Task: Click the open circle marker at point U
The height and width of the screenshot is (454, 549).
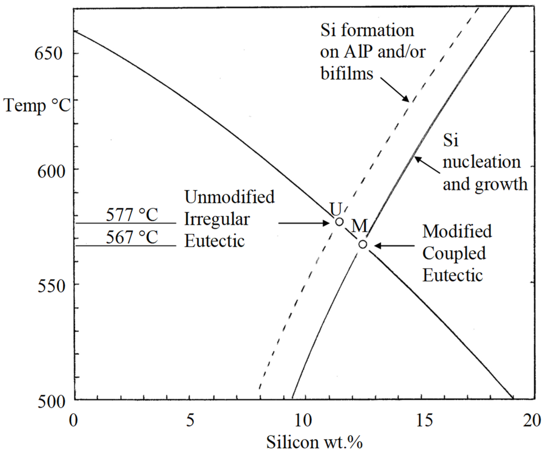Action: pos(339,222)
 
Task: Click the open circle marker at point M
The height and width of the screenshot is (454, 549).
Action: pos(363,244)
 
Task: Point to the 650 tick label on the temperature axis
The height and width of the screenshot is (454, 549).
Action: pos(49,54)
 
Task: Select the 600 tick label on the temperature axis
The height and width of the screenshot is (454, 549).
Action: pos(51,172)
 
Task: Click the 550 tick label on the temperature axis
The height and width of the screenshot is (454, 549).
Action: pos(51,287)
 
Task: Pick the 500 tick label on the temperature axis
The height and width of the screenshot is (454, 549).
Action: pos(51,402)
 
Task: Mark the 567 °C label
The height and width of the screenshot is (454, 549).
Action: pos(132,237)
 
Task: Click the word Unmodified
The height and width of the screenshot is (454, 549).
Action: pos(229,197)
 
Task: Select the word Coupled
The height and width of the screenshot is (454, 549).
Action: pos(454,253)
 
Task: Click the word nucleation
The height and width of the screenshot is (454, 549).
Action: pos(481,162)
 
